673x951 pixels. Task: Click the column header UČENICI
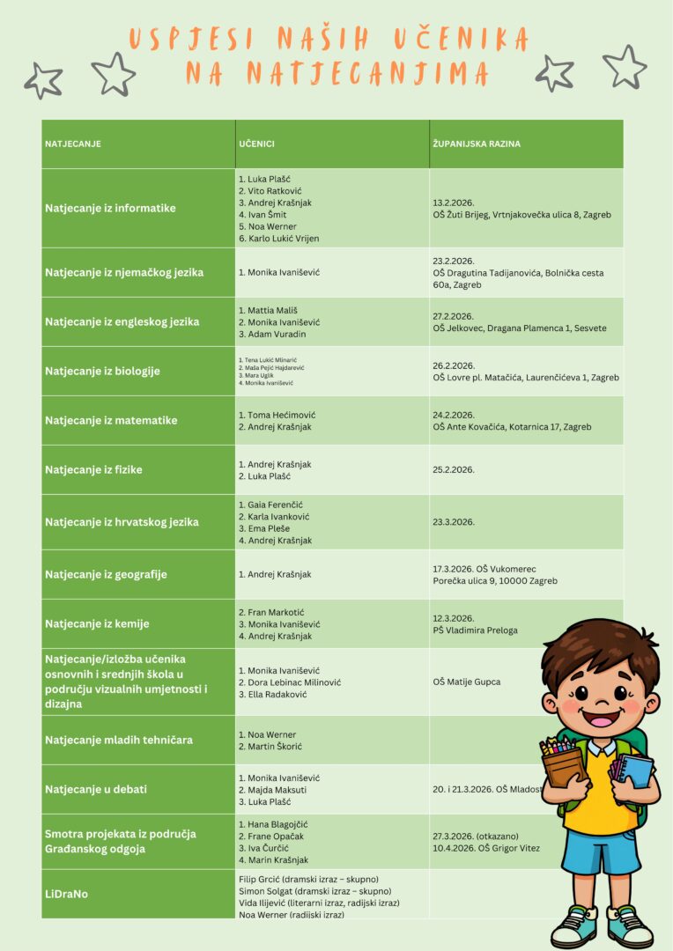point(256,144)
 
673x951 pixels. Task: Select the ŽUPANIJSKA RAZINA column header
point(477,144)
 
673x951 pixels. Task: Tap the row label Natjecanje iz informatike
point(110,208)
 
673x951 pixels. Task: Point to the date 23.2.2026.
point(454,261)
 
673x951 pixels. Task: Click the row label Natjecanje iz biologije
point(102,371)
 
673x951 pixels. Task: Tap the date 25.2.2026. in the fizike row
point(454,469)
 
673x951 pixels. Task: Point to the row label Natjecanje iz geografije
point(106,574)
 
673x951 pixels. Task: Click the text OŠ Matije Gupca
point(467,682)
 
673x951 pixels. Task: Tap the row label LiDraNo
point(67,894)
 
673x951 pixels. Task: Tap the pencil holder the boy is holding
point(563,763)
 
